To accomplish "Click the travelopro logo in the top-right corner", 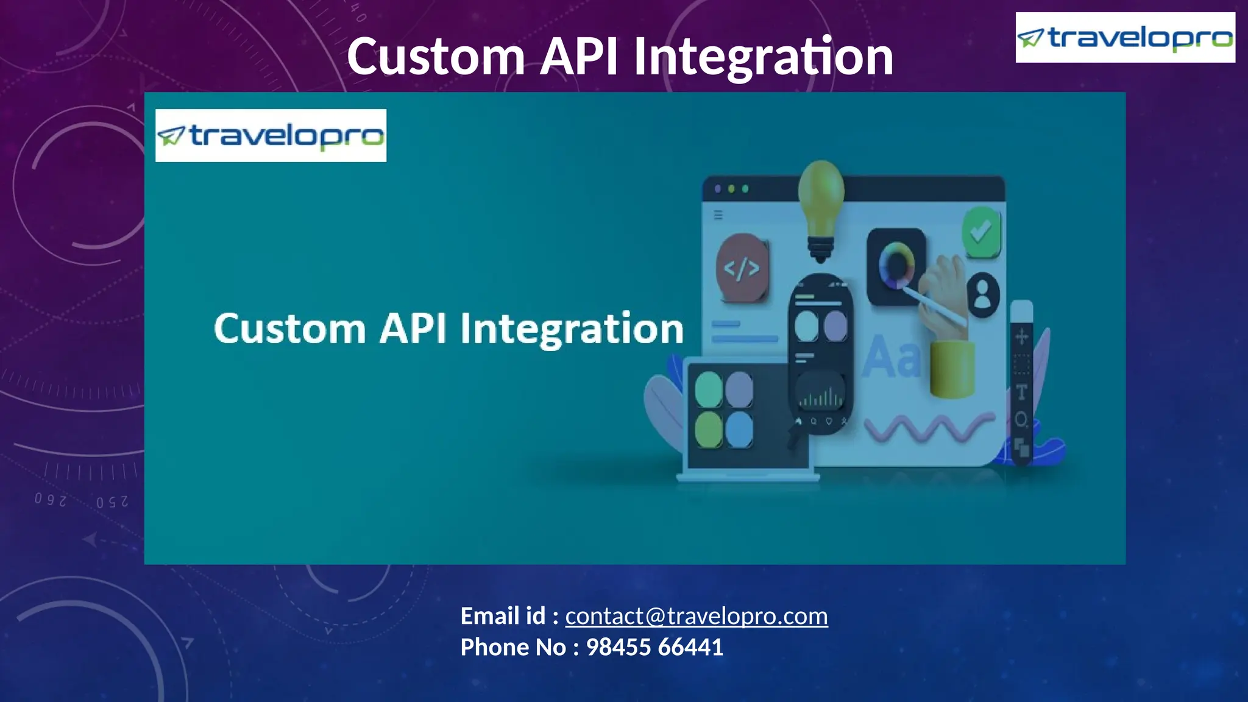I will coord(1125,38).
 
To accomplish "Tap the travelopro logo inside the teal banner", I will coord(271,135).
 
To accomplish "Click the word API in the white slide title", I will coord(579,56).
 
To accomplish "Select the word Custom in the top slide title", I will coord(436,56).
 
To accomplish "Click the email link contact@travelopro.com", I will coord(696,616).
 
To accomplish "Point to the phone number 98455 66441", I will coord(654,647).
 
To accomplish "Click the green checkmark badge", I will coord(980,232).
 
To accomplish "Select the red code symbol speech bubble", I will coord(742,268).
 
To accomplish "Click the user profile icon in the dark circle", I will coord(982,294).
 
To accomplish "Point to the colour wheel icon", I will coord(896,266).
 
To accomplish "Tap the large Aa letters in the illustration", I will coord(891,358).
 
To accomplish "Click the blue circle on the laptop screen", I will coord(739,428).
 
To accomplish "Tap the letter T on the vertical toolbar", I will coord(1022,392).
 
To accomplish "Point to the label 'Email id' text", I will coord(503,616).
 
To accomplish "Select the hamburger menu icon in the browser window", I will coord(718,214).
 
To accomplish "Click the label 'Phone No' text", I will coord(513,647).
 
